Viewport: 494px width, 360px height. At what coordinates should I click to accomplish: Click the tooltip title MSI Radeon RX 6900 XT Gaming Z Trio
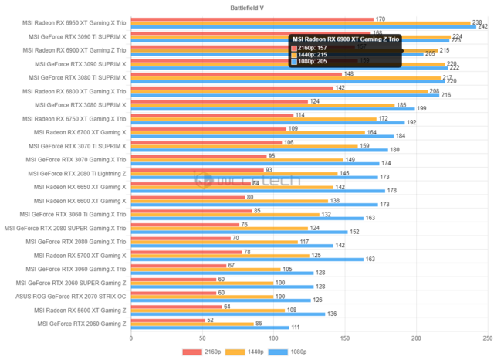tap(345, 39)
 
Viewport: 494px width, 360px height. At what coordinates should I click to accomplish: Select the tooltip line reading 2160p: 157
tap(313, 47)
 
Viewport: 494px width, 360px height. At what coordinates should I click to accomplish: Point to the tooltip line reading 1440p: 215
tap(313, 54)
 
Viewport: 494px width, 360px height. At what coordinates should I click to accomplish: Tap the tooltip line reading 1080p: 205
tap(313, 61)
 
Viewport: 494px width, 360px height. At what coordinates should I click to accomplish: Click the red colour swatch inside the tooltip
tap(293, 47)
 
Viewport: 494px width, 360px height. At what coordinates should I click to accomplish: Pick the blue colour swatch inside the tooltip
tap(293, 61)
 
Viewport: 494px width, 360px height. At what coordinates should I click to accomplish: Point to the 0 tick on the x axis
tap(131, 338)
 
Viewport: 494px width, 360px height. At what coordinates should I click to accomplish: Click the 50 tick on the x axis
tap(202, 338)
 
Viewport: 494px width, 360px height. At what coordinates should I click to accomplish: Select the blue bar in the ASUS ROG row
tap(221, 300)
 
